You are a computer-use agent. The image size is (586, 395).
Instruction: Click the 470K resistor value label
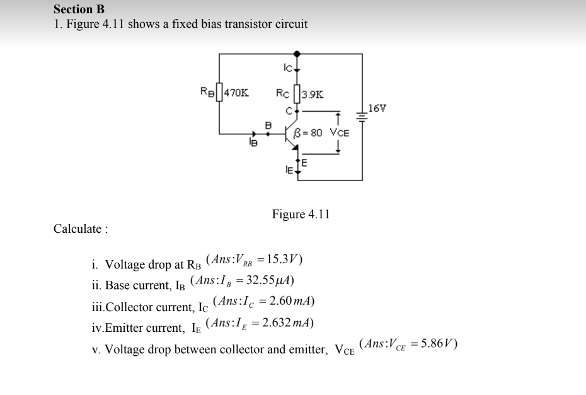point(236,93)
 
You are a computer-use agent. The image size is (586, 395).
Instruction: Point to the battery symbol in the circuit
point(362,116)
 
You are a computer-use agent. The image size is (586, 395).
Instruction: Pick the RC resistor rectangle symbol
point(297,94)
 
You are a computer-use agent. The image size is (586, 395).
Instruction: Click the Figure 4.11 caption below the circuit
point(301,215)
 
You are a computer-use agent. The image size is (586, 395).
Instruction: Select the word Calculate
point(80,229)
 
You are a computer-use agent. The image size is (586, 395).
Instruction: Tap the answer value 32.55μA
point(272,280)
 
